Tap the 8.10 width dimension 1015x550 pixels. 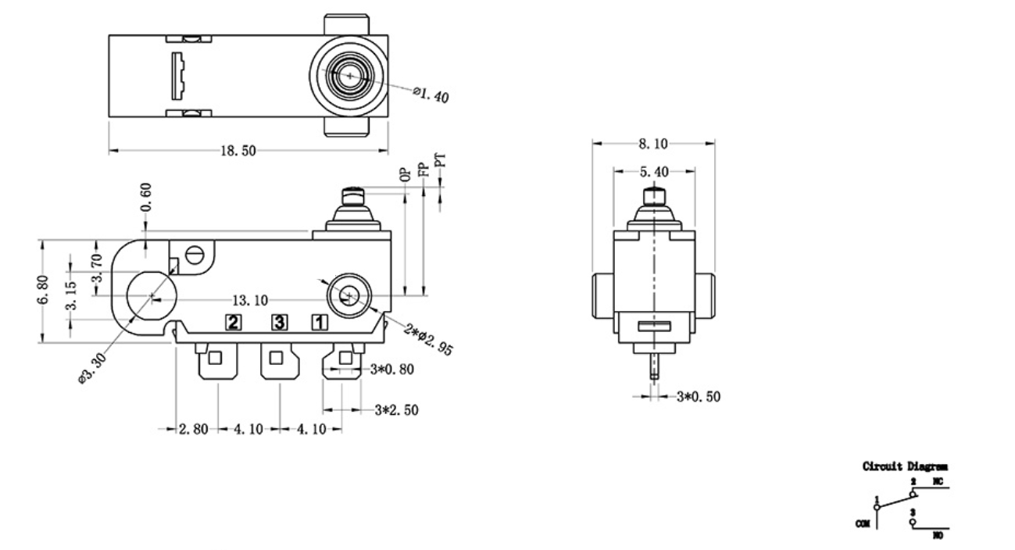pyautogui.click(x=652, y=143)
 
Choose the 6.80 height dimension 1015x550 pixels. pyautogui.click(x=44, y=291)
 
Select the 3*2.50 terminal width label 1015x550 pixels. pyautogui.click(x=396, y=409)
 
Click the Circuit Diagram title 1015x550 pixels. pyautogui.click(x=905, y=467)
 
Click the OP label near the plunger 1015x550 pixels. pyautogui.click(x=405, y=174)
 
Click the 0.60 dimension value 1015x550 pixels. pyautogui.click(x=146, y=202)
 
